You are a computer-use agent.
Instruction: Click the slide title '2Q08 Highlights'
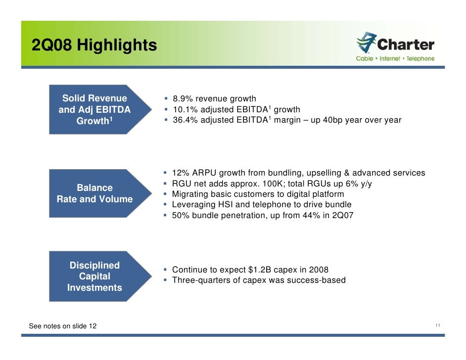94,45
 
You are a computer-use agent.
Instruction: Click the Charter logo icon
367,43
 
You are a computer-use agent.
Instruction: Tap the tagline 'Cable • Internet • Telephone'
395,58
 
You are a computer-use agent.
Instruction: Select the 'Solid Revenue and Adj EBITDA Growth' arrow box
99,109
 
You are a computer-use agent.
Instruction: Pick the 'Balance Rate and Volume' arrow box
99,193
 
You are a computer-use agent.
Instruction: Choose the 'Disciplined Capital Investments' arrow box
99,276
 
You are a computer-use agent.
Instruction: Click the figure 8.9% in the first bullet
183,99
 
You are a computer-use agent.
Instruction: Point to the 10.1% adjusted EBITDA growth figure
184,109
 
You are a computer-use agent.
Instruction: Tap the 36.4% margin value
184,120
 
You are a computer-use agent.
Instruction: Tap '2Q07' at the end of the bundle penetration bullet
342,216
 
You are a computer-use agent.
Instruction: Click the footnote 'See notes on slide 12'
63,326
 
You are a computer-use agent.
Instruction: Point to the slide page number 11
438,325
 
